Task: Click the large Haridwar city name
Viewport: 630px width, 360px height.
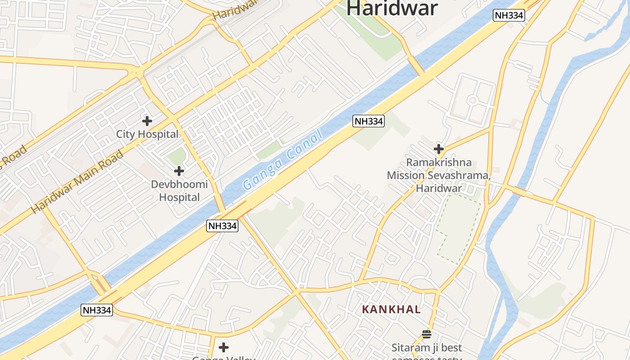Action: (x=391, y=8)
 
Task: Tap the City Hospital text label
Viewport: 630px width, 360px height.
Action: (x=147, y=134)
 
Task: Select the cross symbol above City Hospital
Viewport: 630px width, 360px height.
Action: (x=147, y=121)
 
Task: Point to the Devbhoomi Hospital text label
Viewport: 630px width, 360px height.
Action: (x=179, y=191)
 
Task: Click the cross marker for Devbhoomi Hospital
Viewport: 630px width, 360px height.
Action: (x=179, y=171)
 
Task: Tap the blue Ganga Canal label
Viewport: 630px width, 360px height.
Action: (x=282, y=160)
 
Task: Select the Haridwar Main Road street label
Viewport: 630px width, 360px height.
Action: (x=77, y=182)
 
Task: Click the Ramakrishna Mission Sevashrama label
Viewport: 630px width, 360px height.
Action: (x=439, y=175)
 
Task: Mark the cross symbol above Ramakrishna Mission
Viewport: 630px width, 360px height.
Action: (x=439, y=149)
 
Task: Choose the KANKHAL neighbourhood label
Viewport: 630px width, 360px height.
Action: (x=391, y=310)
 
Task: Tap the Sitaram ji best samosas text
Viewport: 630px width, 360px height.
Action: (x=427, y=348)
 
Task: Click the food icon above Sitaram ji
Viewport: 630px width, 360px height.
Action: (x=427, y=334)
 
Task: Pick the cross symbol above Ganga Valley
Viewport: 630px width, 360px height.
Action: (x=224, y=347)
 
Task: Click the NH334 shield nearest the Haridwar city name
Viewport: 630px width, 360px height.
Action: (x=509, y=15)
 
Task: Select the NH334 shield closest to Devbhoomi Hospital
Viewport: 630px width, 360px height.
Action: (x=222, y=226)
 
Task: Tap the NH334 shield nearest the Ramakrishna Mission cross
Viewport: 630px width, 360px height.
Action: (x=368, y=121)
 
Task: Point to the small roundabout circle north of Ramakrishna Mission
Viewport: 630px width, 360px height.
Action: (x=472, y=100)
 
